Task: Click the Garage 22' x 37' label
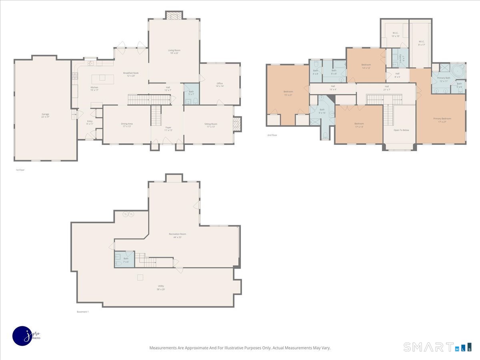coord(45,116)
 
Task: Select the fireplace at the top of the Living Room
coord(174,15)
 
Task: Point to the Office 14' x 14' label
coord(220,84)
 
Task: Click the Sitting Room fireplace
coord(237,124)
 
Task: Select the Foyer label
coord(168,129)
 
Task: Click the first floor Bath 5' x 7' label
coord(191,93)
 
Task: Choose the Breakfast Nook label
coord(131,74)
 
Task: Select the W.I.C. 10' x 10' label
coord(395,34)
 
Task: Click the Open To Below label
coord(401,130)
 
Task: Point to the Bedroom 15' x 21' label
coord(288,93)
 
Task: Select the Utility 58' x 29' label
coord(160,288)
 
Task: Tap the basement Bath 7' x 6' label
coord(126,260)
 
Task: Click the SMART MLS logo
coord(437,347)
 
